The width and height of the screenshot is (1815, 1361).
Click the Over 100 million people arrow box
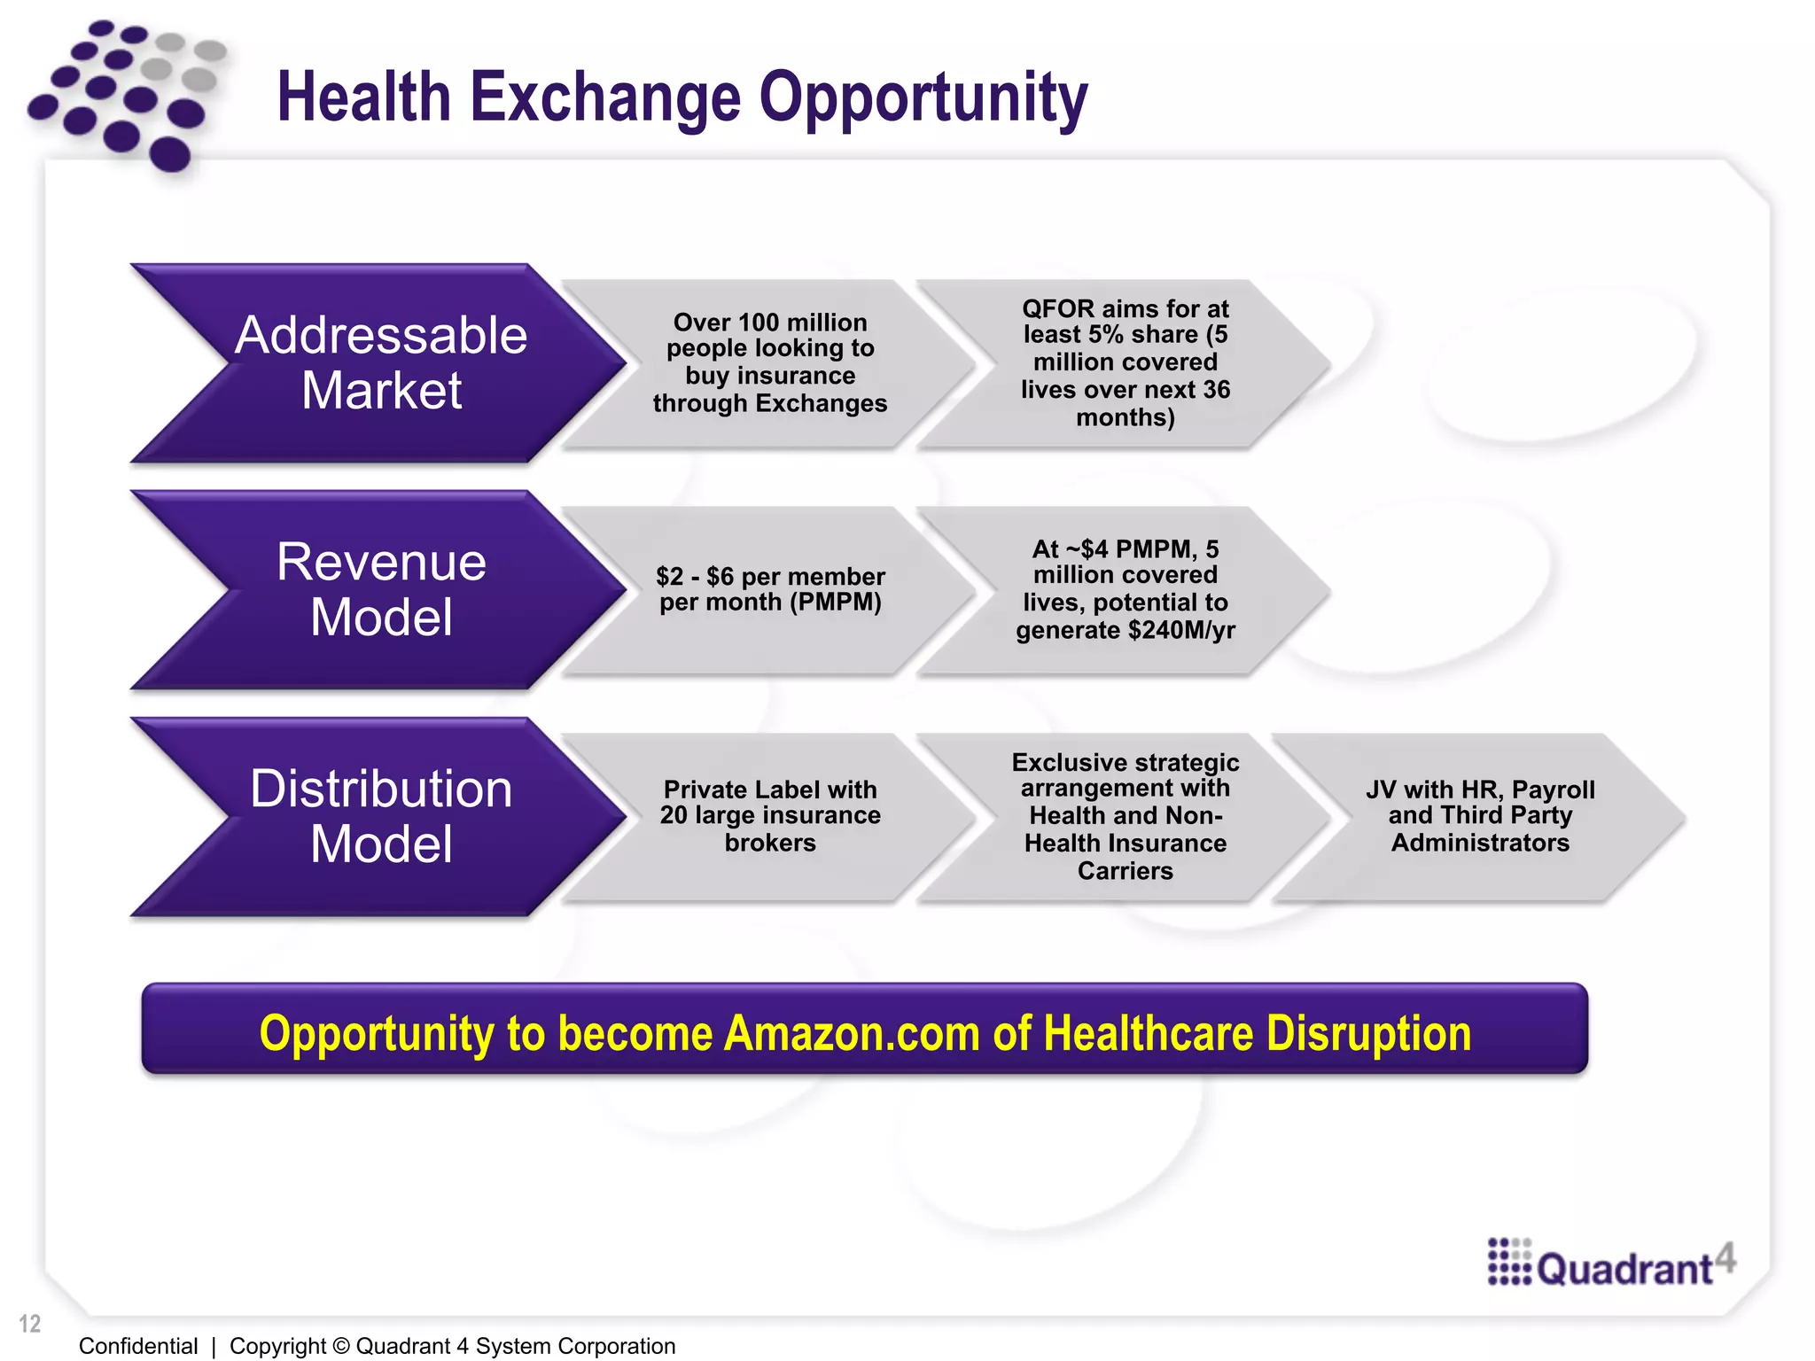(769, 363)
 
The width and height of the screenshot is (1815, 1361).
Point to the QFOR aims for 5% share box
(1125, 363)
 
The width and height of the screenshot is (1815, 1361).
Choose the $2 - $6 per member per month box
(769, 590)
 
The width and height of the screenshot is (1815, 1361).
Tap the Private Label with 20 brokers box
(769, 816)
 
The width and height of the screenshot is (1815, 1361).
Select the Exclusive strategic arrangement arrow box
(1125, 816)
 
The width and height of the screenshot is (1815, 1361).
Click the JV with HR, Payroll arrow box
(1479, 816)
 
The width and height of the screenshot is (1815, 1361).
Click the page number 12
(30, 1324)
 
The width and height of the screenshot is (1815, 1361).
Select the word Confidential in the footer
(138, 1346)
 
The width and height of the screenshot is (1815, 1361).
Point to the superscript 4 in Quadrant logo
(1724, 1256)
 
